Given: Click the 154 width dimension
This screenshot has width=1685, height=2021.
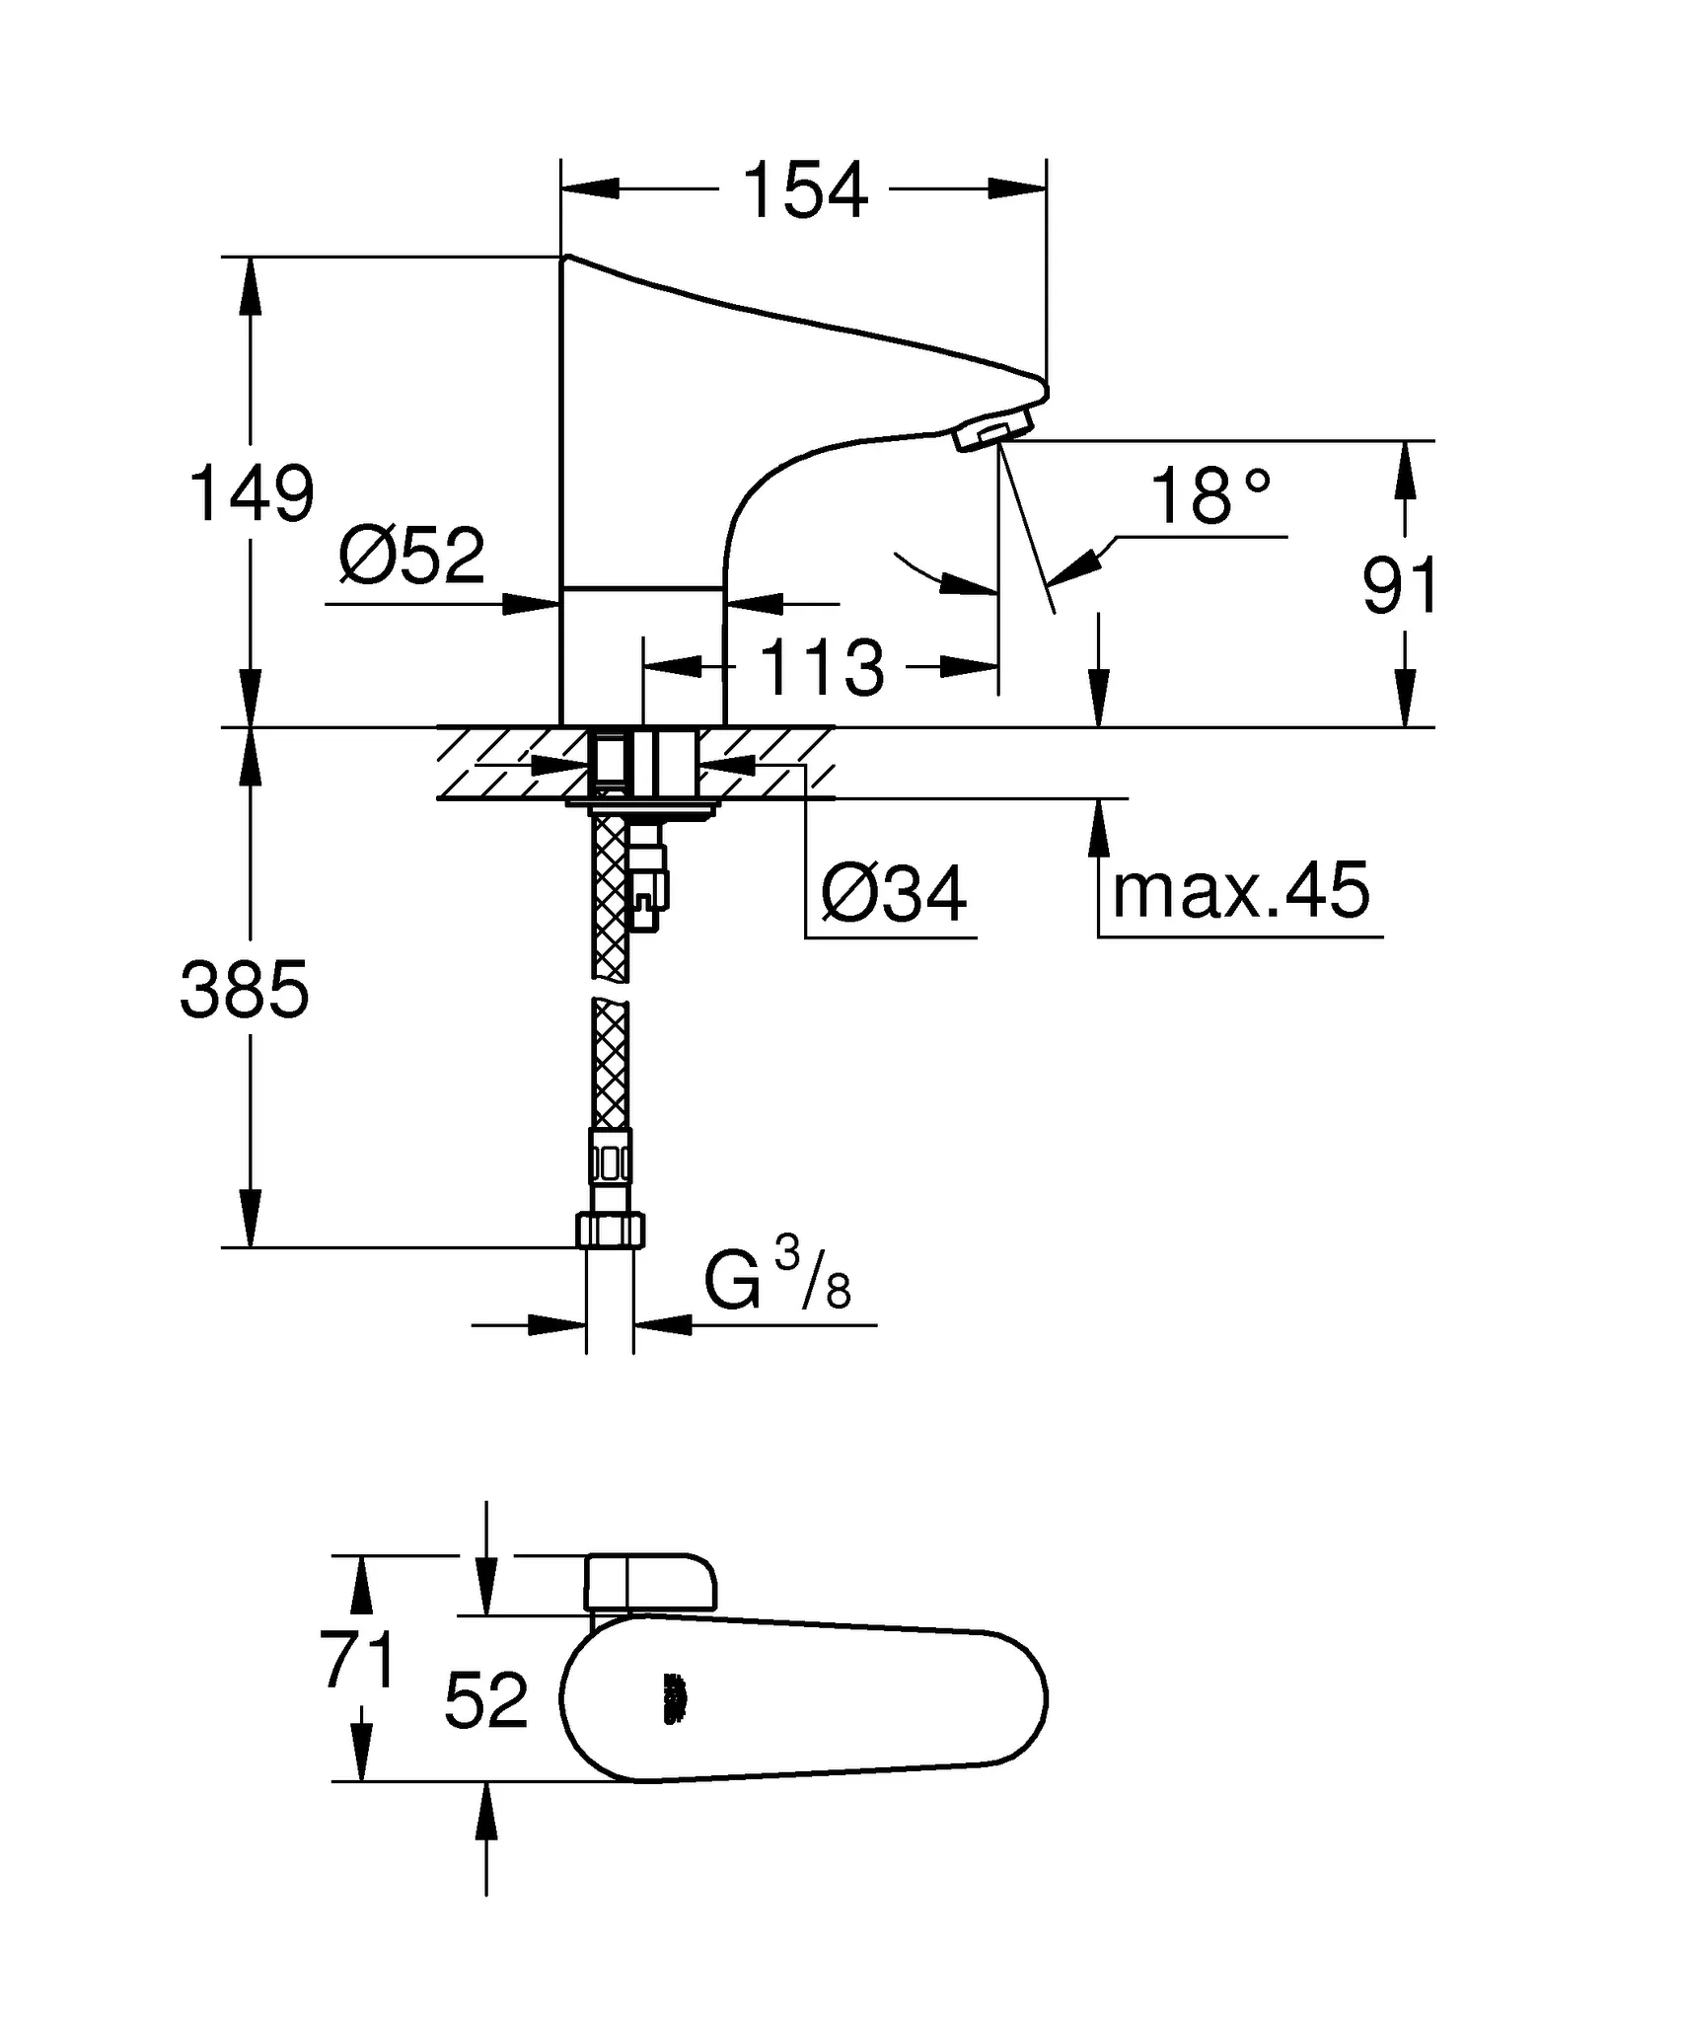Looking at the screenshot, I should (804, 189).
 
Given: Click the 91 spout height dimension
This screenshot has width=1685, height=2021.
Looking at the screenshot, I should (1399, 586).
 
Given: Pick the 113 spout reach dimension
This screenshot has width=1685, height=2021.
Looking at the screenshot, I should (822, 668).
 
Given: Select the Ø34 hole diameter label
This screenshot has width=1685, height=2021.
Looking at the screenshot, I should (894, 894).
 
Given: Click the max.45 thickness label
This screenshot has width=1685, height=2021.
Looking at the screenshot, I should (1240, 890).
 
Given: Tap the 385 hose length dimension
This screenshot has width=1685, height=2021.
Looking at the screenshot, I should (245, 990).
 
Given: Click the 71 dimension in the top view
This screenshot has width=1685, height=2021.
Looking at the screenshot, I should (358, 1660).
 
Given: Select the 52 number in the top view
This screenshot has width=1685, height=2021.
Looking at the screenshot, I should (486, 1700).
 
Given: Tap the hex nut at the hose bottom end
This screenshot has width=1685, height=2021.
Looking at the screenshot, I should (610, 1231).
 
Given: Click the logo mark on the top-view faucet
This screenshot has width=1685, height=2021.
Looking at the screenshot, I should (674, 1698).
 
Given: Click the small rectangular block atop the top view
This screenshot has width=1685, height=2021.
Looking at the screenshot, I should (649, 1582).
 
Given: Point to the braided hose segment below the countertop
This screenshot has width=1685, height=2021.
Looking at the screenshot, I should (611, 898).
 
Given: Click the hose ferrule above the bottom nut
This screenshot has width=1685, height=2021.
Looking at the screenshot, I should (610, 1156).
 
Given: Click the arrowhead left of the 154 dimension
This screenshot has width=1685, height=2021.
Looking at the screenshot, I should (592, 188).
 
